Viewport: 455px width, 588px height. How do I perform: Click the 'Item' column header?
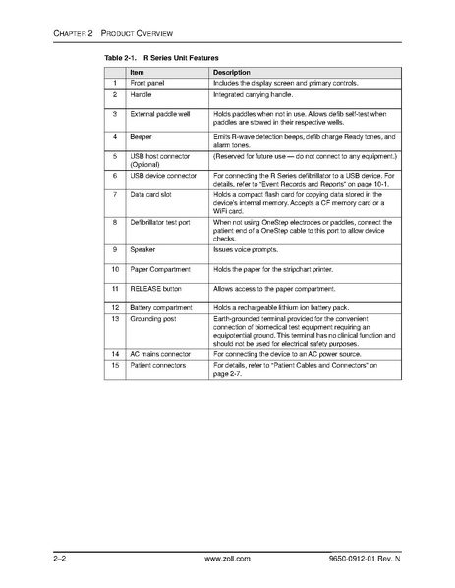pos(138,73)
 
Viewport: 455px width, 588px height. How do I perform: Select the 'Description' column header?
pos(232,73)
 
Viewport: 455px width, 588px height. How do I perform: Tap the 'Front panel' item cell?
pos(146,84)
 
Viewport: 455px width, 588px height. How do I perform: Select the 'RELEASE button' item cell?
pos(156,289)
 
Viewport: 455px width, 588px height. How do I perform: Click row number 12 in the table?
pos(115,308)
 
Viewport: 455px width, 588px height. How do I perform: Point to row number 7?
pos(115,195)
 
